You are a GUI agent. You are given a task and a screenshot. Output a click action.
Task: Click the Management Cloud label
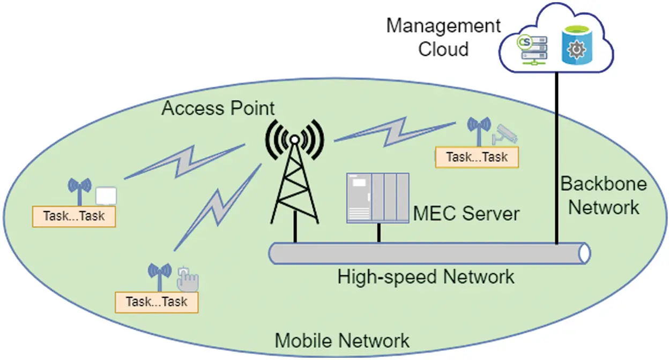443,37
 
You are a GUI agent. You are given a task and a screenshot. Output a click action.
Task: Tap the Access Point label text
218,108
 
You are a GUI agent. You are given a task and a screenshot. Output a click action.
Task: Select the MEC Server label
466,214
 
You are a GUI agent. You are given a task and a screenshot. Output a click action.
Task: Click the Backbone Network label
604,196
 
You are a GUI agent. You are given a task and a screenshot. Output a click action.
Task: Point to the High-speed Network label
426,277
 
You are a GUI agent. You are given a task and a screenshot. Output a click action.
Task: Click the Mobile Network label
342,340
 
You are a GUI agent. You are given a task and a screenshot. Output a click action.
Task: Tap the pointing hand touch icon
188,277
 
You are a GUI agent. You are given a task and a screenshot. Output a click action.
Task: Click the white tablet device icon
106,196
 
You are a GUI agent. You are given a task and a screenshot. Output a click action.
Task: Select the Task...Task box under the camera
478,157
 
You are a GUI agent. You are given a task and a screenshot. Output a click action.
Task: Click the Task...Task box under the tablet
74,216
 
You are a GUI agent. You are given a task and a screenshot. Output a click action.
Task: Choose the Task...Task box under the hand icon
157,302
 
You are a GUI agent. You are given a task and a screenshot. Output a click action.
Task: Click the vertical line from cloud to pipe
557,161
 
